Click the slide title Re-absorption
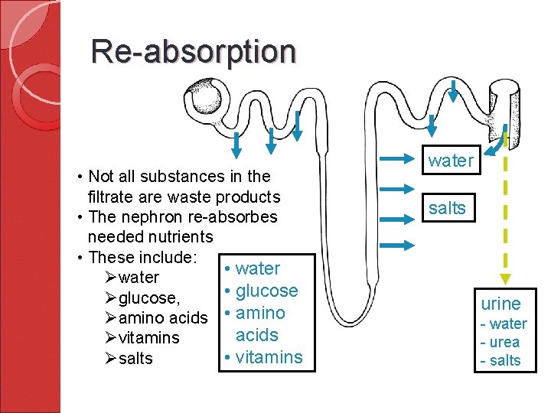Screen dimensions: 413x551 193,51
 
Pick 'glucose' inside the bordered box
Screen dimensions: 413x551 266,291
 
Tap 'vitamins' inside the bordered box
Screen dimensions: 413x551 269,357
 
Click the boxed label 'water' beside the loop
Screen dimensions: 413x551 451,161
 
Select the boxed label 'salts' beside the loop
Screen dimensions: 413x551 448,208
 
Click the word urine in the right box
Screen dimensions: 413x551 500,304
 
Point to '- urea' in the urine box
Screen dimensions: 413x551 500,342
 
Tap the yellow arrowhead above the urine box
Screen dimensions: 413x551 504,281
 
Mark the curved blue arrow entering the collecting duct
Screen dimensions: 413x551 498,142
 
